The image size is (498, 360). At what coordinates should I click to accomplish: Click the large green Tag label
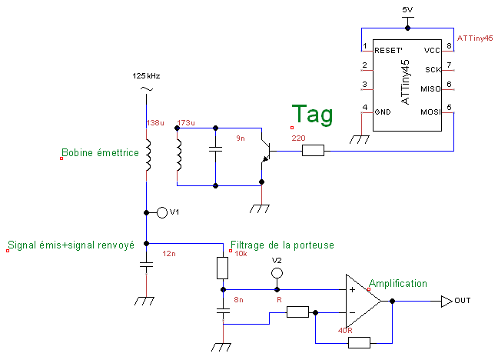312,115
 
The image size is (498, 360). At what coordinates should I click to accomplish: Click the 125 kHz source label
145,76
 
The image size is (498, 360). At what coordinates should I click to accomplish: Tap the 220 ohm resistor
313,151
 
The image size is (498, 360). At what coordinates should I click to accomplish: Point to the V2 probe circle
277,273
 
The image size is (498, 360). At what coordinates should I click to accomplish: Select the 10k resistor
223,268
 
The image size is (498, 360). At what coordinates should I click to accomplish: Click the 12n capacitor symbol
146,265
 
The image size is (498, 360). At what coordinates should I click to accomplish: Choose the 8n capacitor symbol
223,312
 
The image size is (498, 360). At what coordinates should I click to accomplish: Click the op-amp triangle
362,301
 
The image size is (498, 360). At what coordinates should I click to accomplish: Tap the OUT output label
463,301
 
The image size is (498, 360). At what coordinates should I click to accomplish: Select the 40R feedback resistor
359,342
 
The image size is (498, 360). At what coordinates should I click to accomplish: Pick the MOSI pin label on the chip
430,112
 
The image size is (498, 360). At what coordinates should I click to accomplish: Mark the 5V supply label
408,8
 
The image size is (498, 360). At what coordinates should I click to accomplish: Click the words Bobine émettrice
100,153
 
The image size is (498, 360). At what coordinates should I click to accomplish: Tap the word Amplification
398,284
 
